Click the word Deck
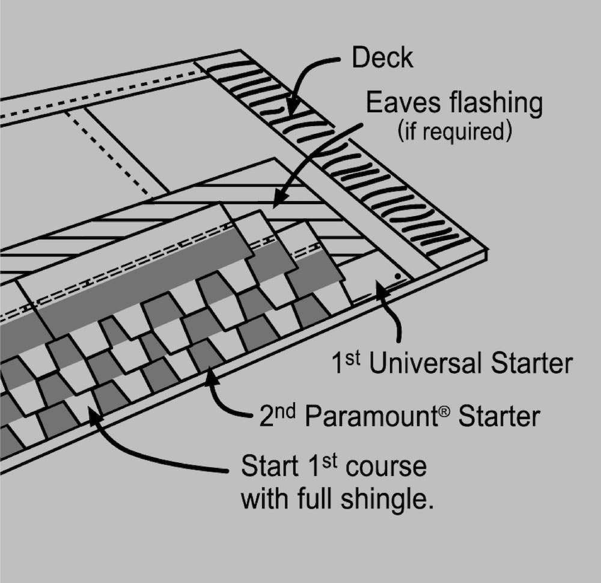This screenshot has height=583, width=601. (382, 58)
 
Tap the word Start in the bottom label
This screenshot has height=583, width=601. (269, 467)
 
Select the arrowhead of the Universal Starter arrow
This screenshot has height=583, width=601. (378, 287)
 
